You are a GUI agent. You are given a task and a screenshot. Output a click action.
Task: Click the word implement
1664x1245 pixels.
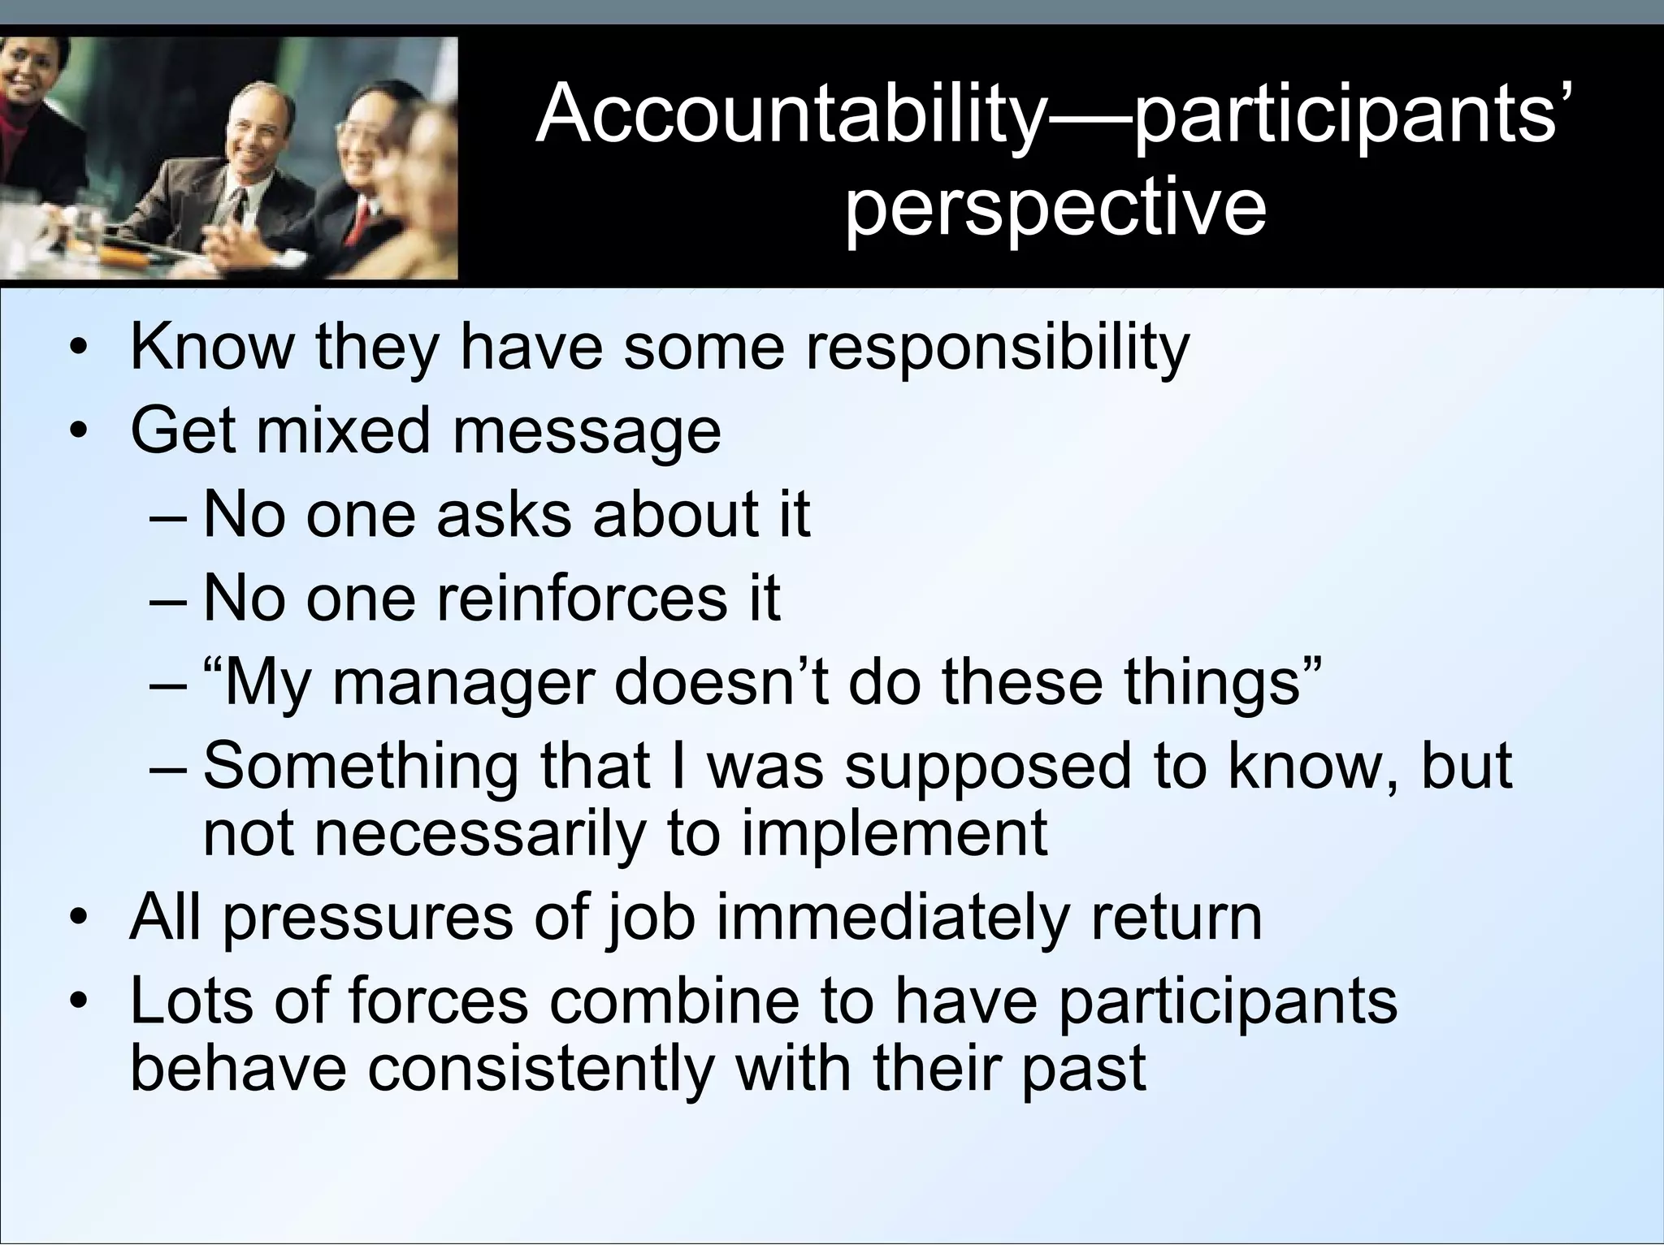tap(895, 833)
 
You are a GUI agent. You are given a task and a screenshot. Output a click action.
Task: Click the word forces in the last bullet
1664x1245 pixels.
tap(438, 1001)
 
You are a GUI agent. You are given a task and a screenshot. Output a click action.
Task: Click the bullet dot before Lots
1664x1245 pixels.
tap(78, 1004)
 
